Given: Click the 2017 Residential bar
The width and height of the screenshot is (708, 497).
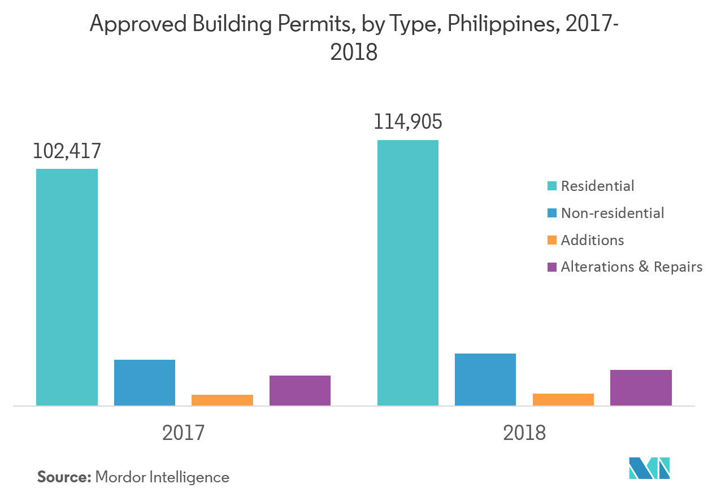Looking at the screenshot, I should (67, 287).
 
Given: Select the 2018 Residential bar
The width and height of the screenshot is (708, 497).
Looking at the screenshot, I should (407, 273).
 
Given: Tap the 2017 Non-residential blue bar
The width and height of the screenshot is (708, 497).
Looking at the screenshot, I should (145, 382).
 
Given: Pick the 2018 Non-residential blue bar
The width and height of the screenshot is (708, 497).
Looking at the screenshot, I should (485, 380).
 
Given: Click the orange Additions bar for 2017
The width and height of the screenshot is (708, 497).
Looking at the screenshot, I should (222, 400).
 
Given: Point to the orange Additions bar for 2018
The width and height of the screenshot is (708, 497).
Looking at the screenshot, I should (563, 399).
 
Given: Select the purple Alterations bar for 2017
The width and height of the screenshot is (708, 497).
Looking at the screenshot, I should (300, 390).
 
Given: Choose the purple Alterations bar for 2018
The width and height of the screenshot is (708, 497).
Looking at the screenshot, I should (641, 387).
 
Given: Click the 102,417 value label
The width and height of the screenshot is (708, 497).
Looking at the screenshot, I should (67, 151).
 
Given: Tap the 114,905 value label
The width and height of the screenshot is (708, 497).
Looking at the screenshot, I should (407, 122).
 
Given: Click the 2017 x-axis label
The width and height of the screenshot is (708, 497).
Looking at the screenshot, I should (183, 433).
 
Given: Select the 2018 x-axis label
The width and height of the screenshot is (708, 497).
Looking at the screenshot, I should (524, 433).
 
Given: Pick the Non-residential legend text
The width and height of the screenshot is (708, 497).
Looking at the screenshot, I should (613, 213).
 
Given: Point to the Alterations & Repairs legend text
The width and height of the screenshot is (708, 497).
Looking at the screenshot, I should (631, 267).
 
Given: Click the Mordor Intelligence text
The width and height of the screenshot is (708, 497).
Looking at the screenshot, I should (162, 477).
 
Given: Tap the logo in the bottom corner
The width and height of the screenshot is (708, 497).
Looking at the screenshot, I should (649, 467).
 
